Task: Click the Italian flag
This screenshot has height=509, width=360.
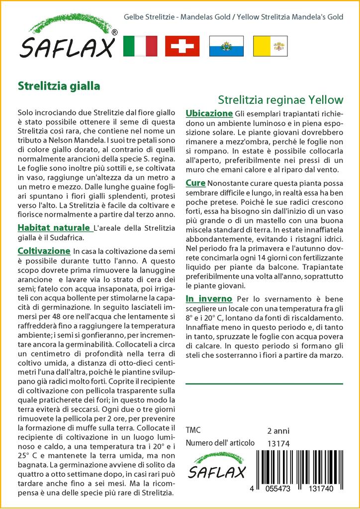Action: (x=140, y=46)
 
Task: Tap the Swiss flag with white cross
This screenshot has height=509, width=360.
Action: (x=182, y=46)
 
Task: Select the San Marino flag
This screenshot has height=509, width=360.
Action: (x=226, y=46)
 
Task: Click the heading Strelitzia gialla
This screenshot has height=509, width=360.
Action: (x=59, y=85)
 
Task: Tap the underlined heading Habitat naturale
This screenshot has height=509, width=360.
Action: (x=54, y=228)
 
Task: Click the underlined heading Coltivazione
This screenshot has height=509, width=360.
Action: (x=44, y=251)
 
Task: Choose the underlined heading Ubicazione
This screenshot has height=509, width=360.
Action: (x=209, y=113)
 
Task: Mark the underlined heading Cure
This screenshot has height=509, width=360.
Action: (x=195, y=183)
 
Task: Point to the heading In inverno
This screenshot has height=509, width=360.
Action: (x=209, y=299)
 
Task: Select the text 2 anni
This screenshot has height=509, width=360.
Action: (x=278, y=430)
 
